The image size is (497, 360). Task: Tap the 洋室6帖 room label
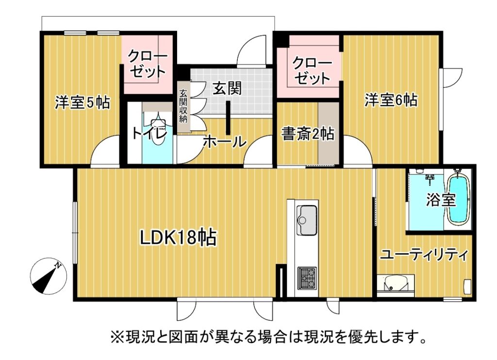click(391, 100)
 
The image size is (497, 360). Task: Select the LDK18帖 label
click(179, 238)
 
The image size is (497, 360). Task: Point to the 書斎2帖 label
click(308, 134)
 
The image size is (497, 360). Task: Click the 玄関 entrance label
click(227, 88)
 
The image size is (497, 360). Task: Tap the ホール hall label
click(225, 142)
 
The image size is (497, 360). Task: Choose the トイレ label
click(149, 134)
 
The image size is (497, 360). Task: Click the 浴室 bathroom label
click(441, 200)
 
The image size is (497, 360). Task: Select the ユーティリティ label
click(424, 255)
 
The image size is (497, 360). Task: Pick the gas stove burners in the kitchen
click(307, 278)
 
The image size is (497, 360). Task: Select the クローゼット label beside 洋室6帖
click(312, 70)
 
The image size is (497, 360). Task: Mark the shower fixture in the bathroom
click(430, 180)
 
